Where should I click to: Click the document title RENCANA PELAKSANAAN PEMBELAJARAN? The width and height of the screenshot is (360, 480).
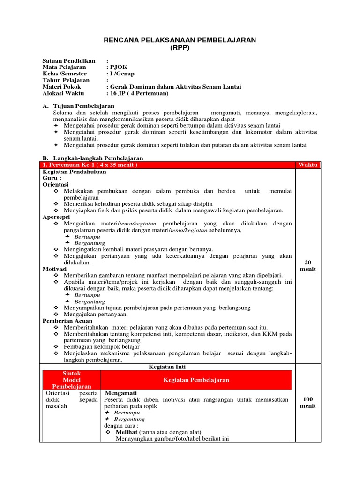click(x=180, y=40)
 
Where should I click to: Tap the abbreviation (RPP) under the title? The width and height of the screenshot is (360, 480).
click(x=180, y=48)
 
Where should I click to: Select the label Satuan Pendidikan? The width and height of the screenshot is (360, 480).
click(x=69, y=61)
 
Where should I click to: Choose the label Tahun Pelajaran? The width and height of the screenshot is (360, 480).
click(x=66, y=81)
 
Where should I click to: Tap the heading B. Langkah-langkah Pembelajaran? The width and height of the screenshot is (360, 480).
click(x=93, y=158)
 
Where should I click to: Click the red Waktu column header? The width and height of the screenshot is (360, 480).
click(x=307, y=165)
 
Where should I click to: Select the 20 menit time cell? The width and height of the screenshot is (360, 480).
click(x=307, y=266)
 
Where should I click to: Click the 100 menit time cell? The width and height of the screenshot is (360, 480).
click(x=307, y=402)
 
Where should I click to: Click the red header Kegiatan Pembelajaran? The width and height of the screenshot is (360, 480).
click(x=196, y=380)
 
